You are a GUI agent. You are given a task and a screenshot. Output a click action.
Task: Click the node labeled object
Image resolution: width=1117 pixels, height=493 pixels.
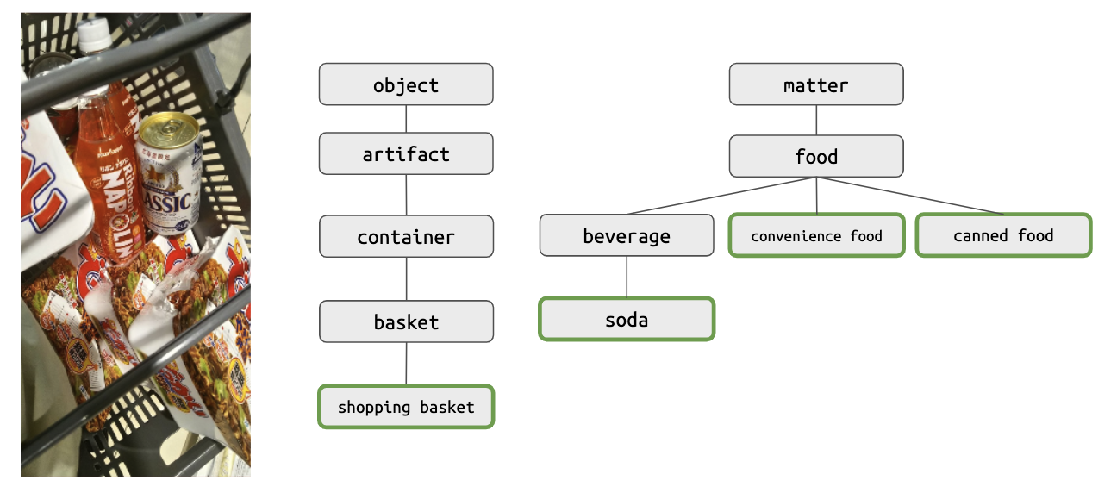(x=406, y=84)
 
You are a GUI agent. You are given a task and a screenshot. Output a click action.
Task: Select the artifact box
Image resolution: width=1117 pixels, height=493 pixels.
(x=406, y=154)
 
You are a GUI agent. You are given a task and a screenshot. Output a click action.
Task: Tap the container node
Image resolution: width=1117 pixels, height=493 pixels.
(x=406, y=237)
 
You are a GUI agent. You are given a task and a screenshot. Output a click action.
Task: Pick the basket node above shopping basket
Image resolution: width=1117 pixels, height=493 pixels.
(x=406, y=321)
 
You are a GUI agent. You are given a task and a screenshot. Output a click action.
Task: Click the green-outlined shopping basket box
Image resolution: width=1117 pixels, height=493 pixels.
(x=406, y=407)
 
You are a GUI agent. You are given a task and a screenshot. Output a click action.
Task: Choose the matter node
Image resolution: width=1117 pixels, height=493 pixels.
(x=816, y=84)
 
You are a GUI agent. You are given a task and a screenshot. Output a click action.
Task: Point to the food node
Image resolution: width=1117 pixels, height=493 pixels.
(x=816, y=156)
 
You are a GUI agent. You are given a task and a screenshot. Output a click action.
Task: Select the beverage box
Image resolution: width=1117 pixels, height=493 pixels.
(x=627, y=235)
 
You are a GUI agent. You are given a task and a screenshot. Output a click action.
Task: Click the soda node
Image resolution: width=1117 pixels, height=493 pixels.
(x=627, y=319)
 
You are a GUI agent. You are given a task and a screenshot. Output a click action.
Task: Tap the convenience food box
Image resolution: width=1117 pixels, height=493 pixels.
(x=816, y=235)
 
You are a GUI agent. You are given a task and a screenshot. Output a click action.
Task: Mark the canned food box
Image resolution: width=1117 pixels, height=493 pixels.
(x=1003, y=235)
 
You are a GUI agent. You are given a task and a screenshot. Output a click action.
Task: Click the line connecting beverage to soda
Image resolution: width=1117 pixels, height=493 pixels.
(x=627, y=277)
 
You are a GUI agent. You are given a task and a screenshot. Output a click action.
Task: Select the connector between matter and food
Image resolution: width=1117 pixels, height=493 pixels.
(x=816, y=121)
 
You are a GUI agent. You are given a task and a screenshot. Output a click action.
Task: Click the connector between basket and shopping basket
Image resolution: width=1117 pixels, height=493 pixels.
(x=406, y=364)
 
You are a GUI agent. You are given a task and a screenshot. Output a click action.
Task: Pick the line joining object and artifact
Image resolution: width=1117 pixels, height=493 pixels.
(x=406, y=119)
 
